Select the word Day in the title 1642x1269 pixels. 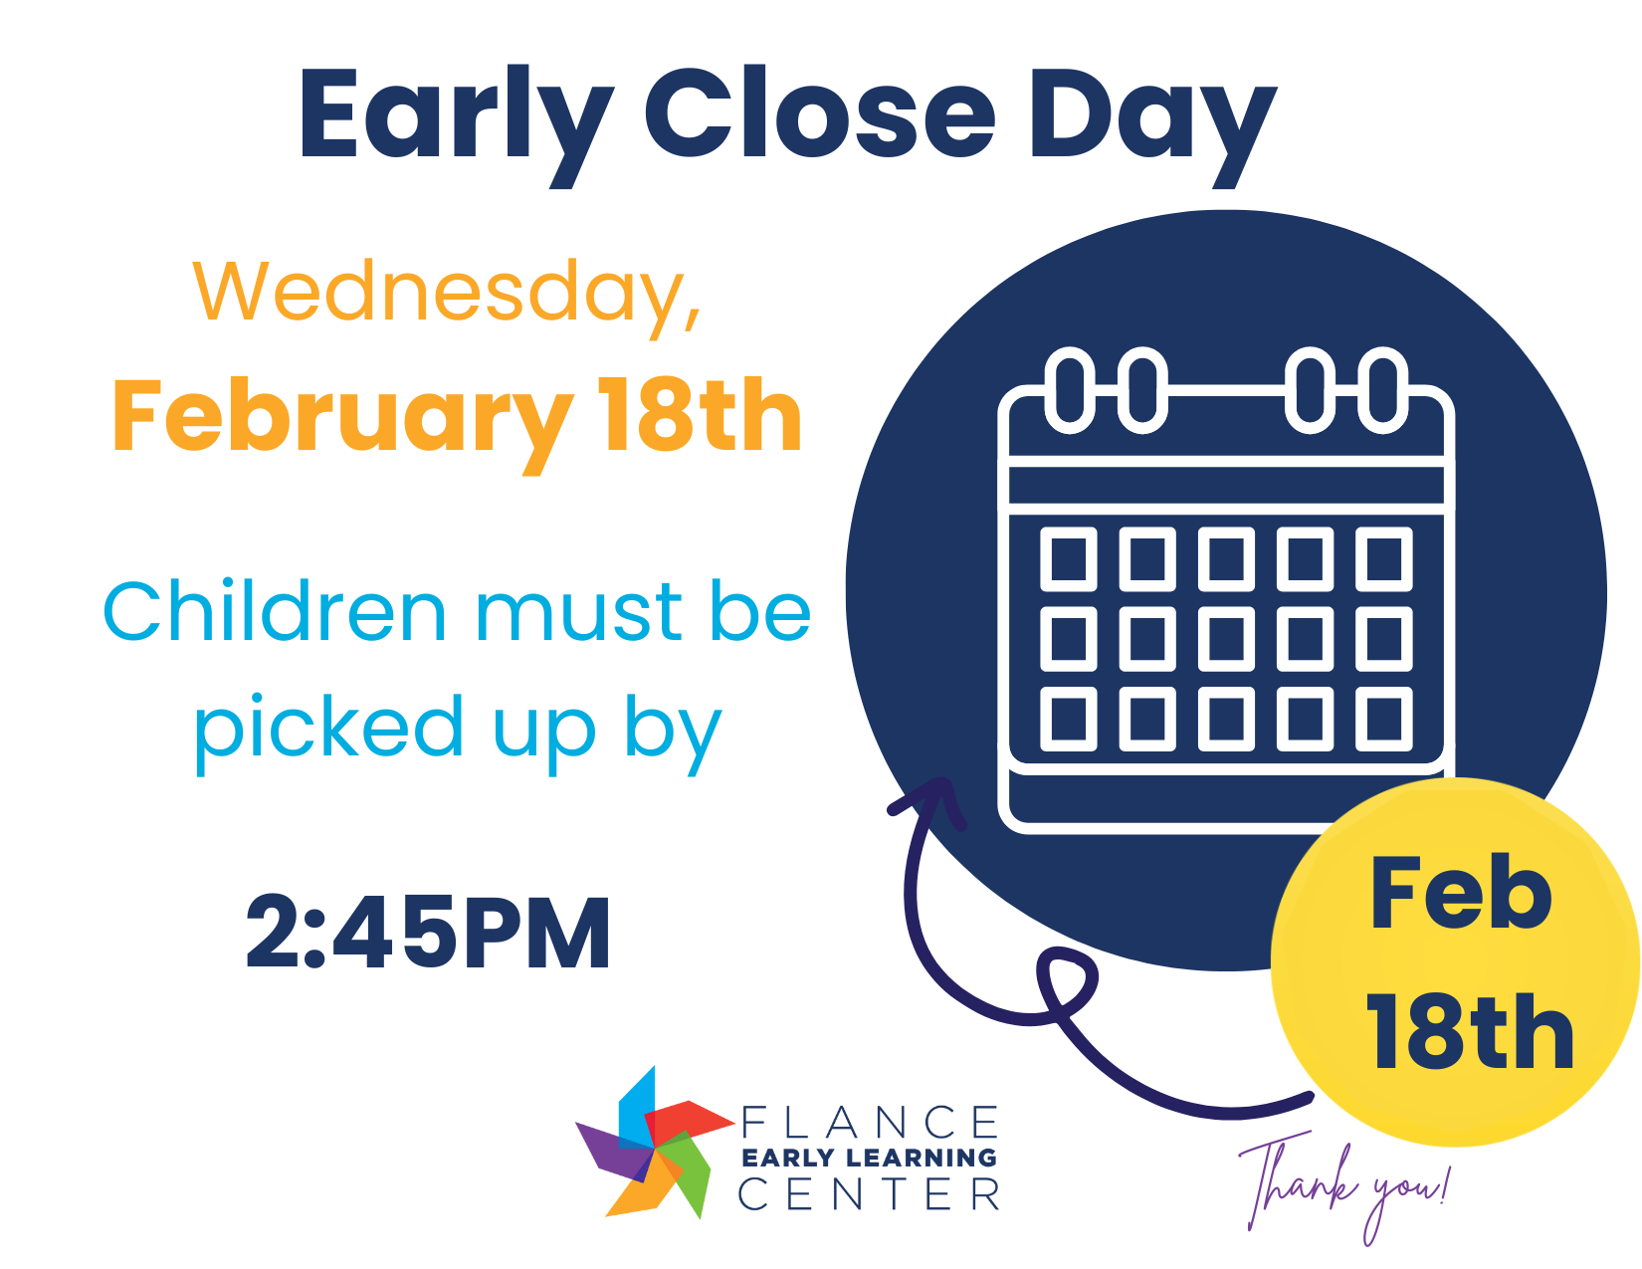tap(1151, 117)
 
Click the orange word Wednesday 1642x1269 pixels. tap(447, 292)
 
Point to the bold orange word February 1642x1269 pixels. tap(341, 418)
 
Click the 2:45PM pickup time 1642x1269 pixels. tap(428, 933)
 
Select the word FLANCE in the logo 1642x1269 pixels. tap(870, 1123)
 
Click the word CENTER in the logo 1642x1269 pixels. tap(869, 1193)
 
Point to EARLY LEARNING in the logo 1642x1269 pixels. tap(869, 1158)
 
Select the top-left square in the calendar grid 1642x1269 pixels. tap(1069, 558)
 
